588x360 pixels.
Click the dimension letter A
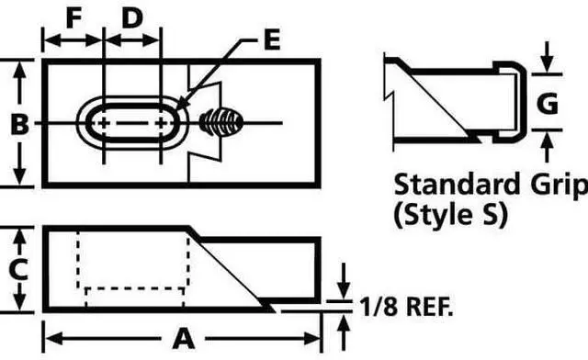click(184, 339)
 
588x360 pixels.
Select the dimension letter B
click(20, 124)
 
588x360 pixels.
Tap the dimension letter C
click(18, 269)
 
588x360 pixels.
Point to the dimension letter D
click(132, 18)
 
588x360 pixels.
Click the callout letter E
click(272, 39)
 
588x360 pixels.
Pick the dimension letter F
click(73, 18)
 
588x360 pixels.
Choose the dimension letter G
click(548, 103)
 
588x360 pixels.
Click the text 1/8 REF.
click(406, 307)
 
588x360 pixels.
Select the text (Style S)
click(451, 215)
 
